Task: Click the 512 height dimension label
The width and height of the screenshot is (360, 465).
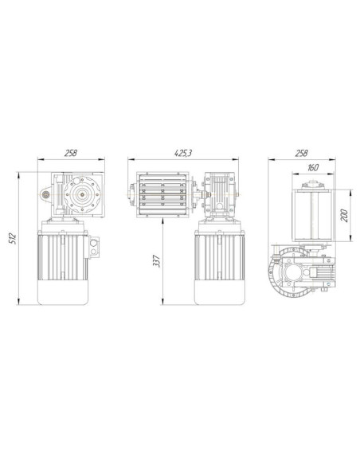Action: (13, 238)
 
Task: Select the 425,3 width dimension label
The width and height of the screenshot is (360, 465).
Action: (183, 153)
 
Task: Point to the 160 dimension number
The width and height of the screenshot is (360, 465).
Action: (313, 168)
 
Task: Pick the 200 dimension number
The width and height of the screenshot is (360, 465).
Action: (344, 216)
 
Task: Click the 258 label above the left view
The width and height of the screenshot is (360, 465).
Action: (71, 153)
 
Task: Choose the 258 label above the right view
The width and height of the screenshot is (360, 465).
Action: (301, 153)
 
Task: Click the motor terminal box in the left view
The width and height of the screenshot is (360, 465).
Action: (93, 248)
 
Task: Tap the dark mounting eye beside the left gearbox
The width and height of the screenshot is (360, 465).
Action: (45, 194)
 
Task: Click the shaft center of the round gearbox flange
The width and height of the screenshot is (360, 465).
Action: (81, 194)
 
